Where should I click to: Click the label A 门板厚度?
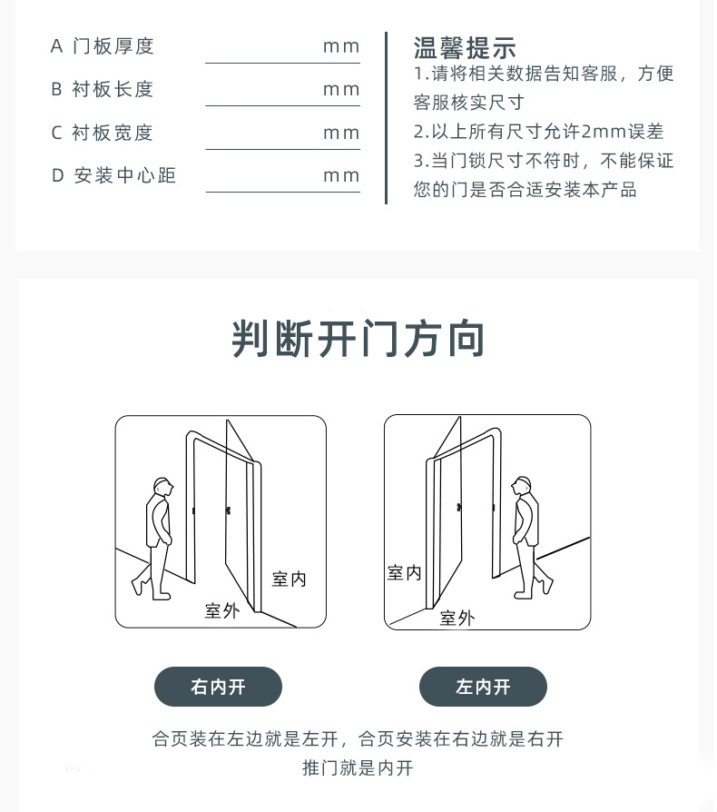(102, 46)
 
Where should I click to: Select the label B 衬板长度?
(102, 90)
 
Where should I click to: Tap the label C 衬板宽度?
(102, 134)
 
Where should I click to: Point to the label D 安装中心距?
(113, 175)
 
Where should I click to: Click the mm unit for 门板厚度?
(341, 47)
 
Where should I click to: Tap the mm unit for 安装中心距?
(341, 176)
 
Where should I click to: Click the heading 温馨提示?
(464, 48)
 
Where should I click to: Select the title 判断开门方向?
(358, 339)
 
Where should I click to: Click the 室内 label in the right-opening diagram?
(290, 579)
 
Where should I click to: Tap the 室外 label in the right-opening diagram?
(222, 611)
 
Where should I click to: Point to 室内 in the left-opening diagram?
(404, 573)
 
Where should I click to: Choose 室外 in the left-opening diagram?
(457, 618)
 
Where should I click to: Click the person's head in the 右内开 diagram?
(162, 487)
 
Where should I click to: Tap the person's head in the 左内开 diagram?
(522, 486)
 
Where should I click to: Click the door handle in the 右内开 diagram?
(228, 511)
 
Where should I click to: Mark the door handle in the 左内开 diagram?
(459, 508)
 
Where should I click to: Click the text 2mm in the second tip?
(604, 132)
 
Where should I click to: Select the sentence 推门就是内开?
(358, 768)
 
